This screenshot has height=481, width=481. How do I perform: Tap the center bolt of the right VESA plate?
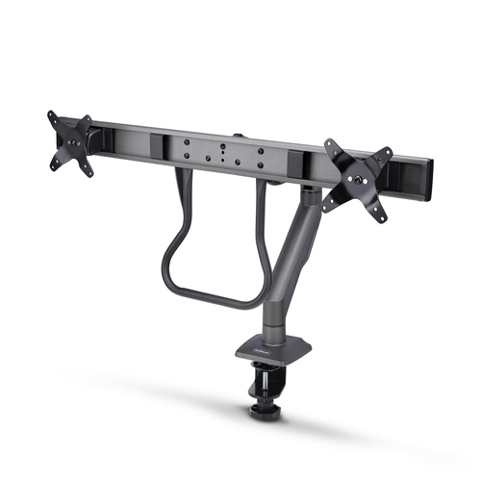(x=360, y=176)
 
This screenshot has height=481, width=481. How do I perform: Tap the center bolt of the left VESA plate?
(x=69, y=142)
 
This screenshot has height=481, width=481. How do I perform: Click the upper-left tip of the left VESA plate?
(x=51, y=116)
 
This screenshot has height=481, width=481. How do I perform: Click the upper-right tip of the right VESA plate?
(x=387, y=153)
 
